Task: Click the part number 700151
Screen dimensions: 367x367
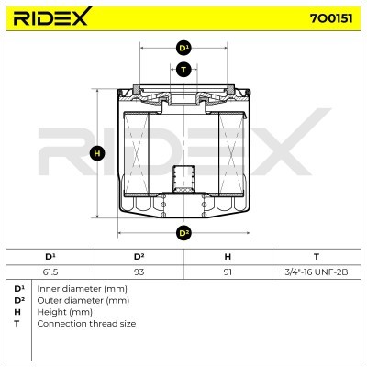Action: pos(331,18)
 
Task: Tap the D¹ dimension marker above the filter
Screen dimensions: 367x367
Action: pos(183,48)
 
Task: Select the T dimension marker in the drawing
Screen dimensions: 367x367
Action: pos(183,70)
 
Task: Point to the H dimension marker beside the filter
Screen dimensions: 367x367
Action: pos(97,153)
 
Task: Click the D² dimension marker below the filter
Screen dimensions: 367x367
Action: pos(183,233)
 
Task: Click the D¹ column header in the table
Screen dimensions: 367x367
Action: pos(50,257)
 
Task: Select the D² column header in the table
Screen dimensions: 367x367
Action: pos(139,257)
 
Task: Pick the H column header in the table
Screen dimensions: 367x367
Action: pos(228,257)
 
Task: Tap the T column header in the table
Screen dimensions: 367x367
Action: pos(317,257)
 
